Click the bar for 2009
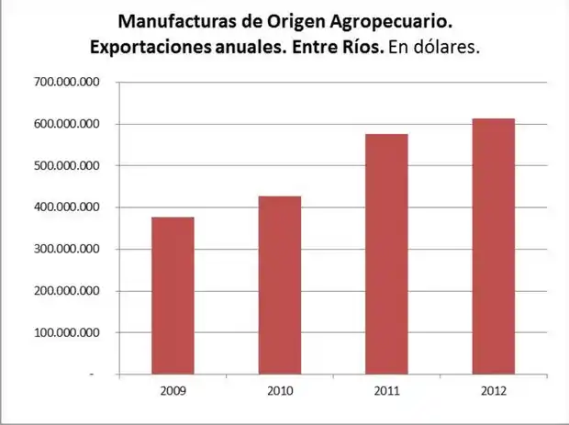173,296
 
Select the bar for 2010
279,285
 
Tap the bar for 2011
386,254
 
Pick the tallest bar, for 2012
493,246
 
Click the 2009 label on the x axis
173,391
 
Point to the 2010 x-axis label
279,391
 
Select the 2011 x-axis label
386,391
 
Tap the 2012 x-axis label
493,391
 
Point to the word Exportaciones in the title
151,47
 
